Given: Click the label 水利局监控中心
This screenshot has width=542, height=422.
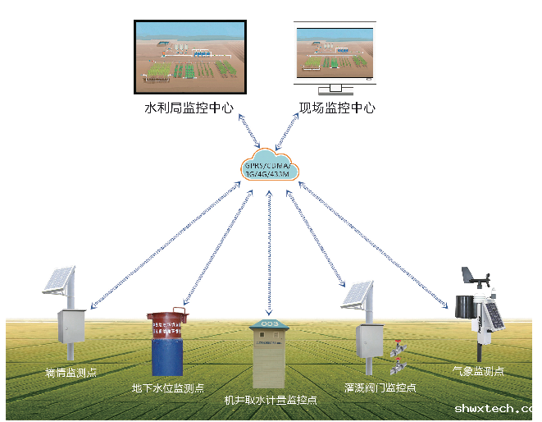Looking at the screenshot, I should point(189,107).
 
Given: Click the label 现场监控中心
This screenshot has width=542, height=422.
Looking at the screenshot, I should point(337,107).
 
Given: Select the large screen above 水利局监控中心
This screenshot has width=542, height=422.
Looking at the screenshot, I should point(189,55).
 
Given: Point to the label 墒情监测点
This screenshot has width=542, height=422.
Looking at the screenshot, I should point(71,372).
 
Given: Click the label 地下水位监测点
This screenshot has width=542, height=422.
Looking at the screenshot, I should point(168,388).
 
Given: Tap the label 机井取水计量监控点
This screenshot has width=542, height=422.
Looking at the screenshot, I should point(271,400).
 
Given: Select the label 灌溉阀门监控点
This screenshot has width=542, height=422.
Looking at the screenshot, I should point(380,387).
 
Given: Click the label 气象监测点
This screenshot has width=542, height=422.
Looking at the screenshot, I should point(478,371).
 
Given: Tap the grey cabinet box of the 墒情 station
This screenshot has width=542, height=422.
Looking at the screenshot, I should point(71,326).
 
